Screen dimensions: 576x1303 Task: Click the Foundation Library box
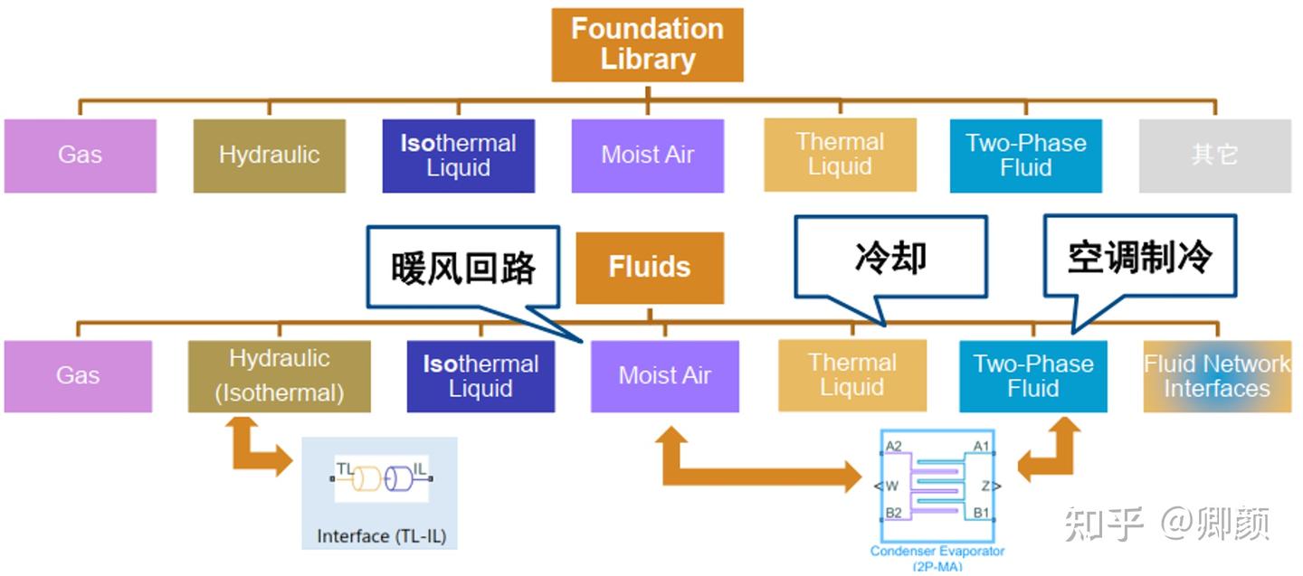pyautogui.click(x=647, y=44)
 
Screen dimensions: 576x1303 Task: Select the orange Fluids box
pyautogui.click(x=650, y=268)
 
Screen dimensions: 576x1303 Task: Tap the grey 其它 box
pyautogui.click(x=1214, y=156)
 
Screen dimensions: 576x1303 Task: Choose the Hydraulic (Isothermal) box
pyautogui.click(x=279, y=376)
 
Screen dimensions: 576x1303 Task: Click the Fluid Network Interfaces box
pyautogui.click(x=1217, y=376)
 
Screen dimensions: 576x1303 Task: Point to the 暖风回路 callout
pyautogui.click(x=463, y=268)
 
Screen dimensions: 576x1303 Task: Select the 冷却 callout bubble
pyautogui.click(x=889, y=257)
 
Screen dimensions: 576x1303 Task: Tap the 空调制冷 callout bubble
pyautogui.click(x=1139, y=257)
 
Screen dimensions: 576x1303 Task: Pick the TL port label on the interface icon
pyautogui.click(x=345, y=467)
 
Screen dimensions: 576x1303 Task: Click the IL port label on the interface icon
pyautogui.click(x=420, y=467)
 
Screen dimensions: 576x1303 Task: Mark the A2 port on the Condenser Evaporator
pyautogui.click(x=894, y=446)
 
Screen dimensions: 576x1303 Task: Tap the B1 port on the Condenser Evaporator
pyautogui.click(x=981, y=513)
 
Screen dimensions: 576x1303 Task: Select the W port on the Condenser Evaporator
pyautogui.click(x=891, y=486)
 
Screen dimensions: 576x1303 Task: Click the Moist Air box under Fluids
pyautogui.click(x=664, y=376)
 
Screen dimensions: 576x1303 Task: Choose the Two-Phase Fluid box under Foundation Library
pyautogui.click(x=1025, y=156)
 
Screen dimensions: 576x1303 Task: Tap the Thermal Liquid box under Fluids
pyautogui.click(x=852, y=376)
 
